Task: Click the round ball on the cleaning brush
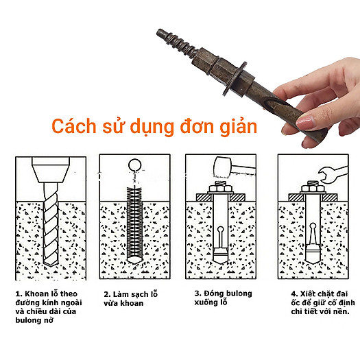135,165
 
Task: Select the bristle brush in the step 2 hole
135,219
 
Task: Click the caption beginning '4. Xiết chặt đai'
318,302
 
